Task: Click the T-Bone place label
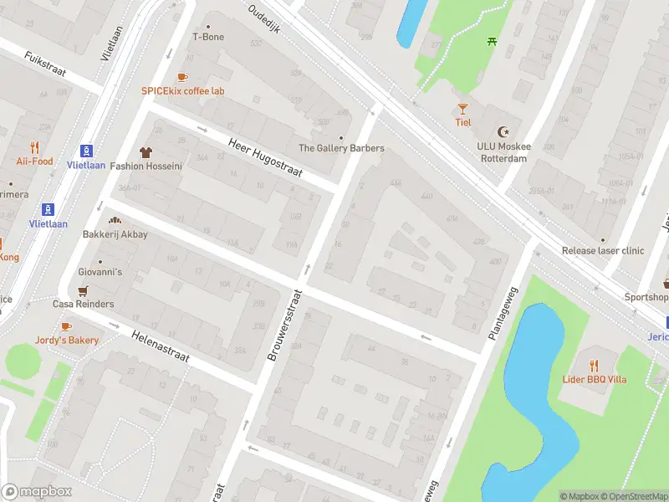(x=208, y=37)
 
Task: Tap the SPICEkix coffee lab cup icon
(x=182, y=77)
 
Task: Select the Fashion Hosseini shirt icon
(x=146, y=152)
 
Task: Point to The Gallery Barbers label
(x=341, y=148)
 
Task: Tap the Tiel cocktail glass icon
(x=462, y=109)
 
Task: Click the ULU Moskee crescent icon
(x=503, y=132)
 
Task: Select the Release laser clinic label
(x=603, y=250)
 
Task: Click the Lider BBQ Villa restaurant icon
(x=594, y=366)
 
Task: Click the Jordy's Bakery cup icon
(x=66, y=326)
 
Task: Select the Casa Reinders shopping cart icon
(x=83, y=290)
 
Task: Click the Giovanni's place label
(x=100, y=272)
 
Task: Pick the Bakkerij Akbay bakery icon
(x=115, y=220)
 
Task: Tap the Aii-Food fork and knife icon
(x=34, y=147)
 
